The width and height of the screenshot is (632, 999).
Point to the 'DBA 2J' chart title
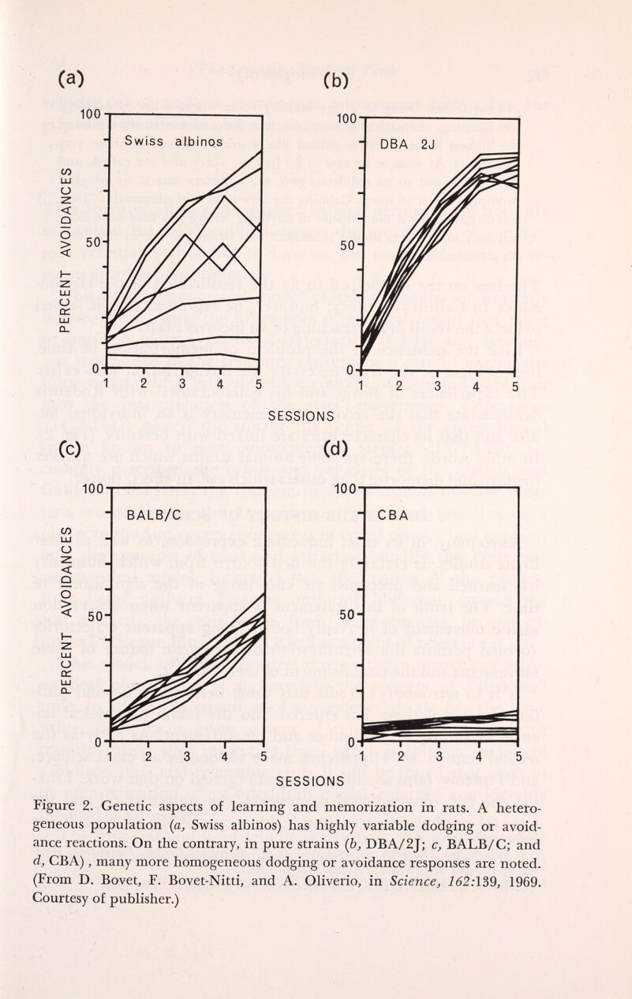click(x=419, y=144)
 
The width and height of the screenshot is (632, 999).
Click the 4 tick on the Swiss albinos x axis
click(x=221, y=384)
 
